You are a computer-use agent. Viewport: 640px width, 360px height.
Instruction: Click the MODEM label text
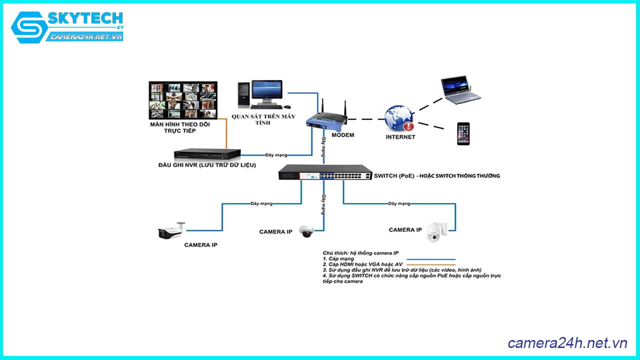pos(342,135)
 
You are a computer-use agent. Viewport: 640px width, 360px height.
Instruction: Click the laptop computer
pos(460,90)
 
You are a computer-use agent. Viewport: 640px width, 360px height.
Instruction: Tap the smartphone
pos(463,133)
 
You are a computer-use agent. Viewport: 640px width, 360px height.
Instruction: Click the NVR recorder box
pos(207,154)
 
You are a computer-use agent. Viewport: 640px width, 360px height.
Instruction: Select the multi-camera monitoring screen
pos(183,100)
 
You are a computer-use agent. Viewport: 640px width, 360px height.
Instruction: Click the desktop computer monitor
pos(266,90)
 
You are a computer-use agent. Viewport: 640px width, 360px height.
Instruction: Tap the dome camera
pos(306,231)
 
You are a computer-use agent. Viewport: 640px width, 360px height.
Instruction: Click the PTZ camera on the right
pos(435,230)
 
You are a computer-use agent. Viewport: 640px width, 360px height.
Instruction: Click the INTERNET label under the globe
pos(400,137)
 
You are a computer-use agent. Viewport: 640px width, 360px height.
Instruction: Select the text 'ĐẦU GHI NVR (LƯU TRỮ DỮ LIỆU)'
pos(207,165)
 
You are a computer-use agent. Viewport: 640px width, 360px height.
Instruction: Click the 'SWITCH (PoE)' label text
pos(396,176)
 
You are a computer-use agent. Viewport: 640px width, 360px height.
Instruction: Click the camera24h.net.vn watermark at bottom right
pos(567,343)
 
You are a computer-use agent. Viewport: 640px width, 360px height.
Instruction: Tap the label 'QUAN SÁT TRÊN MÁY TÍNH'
pos(263,119)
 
